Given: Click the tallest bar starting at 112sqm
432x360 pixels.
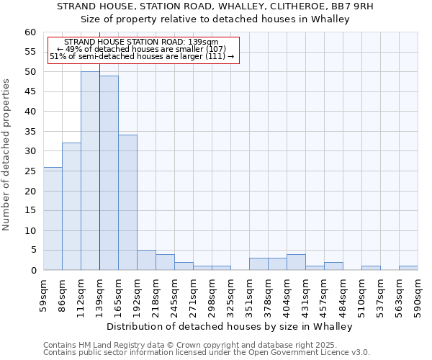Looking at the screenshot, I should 90,171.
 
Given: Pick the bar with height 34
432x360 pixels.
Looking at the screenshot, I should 127,202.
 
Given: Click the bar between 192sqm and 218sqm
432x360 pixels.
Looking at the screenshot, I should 146,260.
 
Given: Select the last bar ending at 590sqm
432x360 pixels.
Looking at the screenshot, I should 408,268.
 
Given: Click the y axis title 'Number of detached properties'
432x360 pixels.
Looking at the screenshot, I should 6,155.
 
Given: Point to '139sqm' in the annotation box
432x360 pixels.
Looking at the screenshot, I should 203,42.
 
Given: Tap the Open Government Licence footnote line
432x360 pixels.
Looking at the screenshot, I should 207,352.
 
